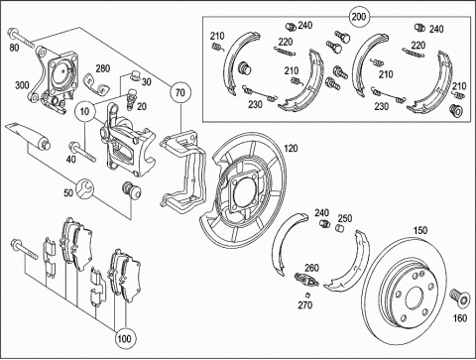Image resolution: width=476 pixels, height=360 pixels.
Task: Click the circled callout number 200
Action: coord(359,16)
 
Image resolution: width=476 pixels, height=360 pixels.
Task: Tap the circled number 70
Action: coord(180,92)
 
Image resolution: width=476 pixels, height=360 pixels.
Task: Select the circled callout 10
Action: coord(85,111)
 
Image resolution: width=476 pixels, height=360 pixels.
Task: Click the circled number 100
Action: coord(124,338)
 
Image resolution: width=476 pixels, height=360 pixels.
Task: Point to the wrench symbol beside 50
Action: coord(85,188)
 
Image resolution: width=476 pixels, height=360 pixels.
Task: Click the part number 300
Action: coord(22,85)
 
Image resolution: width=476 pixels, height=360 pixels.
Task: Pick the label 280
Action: coord(103,68)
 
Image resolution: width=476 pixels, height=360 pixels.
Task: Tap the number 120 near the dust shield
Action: coord(291,149)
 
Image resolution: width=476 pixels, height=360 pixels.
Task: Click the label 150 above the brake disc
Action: coord(420,230)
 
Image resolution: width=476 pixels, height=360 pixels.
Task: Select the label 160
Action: coord(460,318)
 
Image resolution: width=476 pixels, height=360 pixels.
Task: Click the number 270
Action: coord(305,304)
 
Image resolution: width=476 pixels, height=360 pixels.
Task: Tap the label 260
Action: coord(311,268)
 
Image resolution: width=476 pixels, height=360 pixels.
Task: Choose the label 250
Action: coord(345,218)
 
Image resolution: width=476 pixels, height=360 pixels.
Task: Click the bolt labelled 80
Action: coord(21,39)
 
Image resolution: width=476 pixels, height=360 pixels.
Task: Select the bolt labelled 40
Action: coord(82,152)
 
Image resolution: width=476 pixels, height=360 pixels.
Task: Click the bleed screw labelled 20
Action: coord(131,98)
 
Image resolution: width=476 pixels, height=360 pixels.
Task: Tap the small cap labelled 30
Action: coord(135,75)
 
